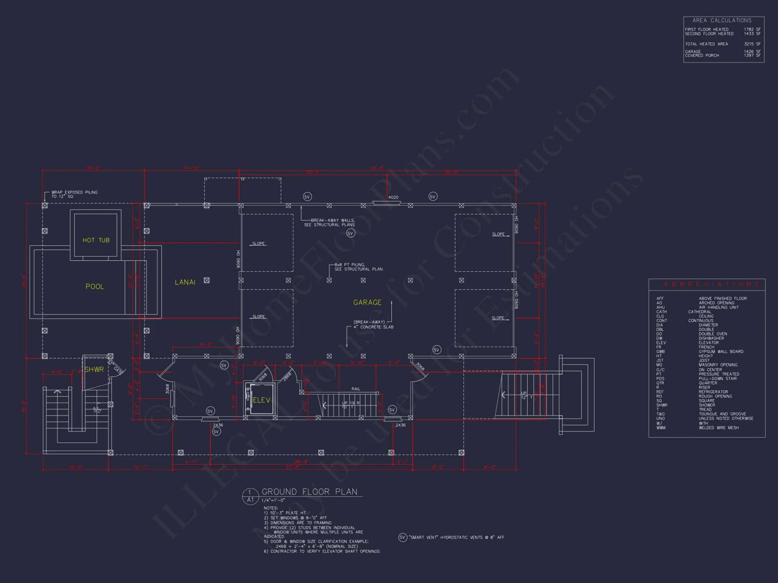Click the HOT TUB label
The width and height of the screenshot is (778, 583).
96,240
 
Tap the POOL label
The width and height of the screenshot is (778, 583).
95,286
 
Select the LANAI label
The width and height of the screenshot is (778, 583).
185,282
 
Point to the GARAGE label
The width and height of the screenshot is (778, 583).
367,302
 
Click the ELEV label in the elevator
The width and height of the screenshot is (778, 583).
261,400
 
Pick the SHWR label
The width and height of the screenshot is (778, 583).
94,369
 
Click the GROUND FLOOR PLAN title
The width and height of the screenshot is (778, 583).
309,492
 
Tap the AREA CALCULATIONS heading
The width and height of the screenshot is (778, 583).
722,20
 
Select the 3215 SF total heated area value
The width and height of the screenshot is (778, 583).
752,44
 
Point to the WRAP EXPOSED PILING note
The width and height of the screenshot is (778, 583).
74,194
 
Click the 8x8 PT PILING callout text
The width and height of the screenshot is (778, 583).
358,267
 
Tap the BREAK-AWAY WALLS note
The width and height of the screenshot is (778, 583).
329,222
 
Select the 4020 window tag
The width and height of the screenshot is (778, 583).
393,197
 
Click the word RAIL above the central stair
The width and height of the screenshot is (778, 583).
356,389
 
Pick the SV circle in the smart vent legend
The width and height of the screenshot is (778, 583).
402,537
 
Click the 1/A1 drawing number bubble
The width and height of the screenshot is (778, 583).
250,496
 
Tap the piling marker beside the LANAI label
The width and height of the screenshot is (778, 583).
207,280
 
